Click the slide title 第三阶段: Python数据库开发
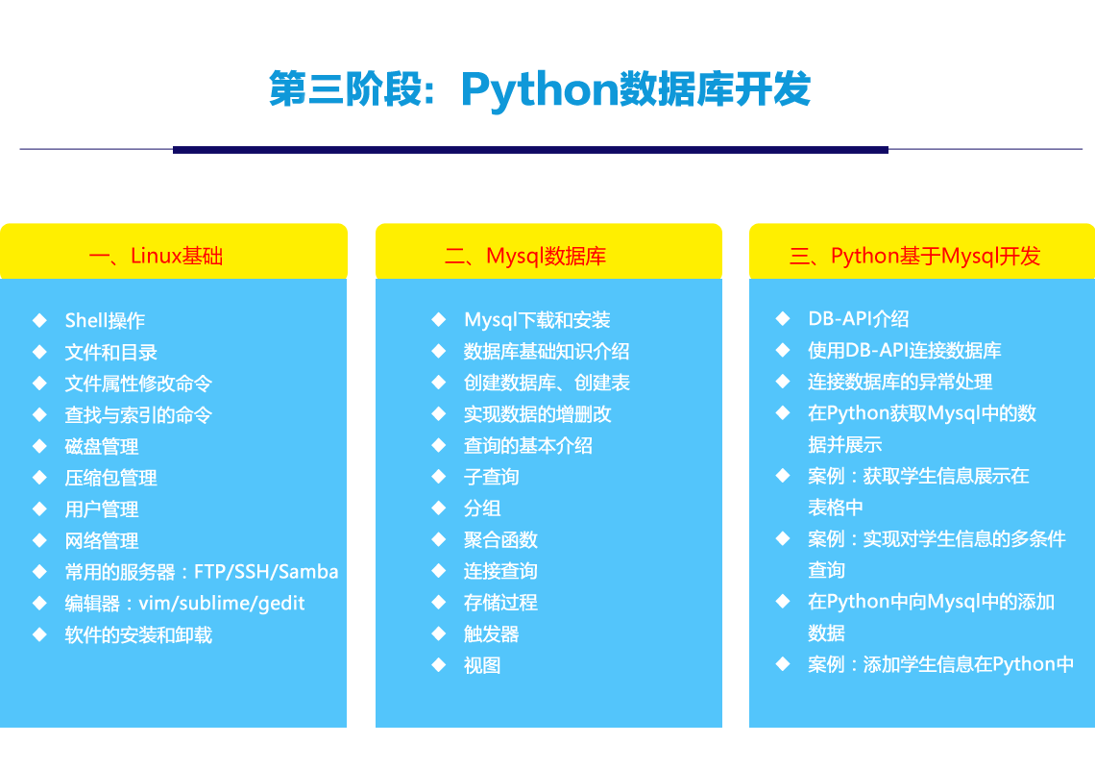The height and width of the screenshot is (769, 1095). (x=540, y=89)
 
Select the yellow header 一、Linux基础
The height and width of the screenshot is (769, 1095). (x=156, y=256)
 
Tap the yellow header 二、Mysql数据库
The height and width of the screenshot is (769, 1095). (x=525, y=256)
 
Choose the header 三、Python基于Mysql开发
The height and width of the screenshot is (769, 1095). (x=914, y=256)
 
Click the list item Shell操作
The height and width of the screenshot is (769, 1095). (x=105, y=320)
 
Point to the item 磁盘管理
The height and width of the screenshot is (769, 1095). (x=101, y=446)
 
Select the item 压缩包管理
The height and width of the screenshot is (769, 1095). (x=110, y=478)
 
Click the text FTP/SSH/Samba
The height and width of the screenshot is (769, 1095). (x=266, y=572)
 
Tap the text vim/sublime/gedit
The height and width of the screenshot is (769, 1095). (x=221, y=604)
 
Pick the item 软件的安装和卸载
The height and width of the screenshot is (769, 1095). (x=138, y=634)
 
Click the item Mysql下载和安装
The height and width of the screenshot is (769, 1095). (x=537, y=320)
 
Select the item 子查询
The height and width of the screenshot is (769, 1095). (x=491, y=477)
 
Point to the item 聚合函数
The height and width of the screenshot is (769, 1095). (x=500, y=539)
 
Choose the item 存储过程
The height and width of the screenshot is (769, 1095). (x=500, y=603)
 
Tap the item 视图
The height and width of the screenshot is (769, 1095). (x=482, y=665)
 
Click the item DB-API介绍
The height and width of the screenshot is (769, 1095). (x=859, y=319)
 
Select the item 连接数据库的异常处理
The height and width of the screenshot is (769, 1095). (x=900, y=382)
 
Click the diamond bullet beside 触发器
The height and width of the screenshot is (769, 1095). (x=439, y=634)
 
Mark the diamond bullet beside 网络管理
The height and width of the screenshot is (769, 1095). (x=39, y=540)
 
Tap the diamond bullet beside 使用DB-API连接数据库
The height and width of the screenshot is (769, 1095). (x=783, y=350)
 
